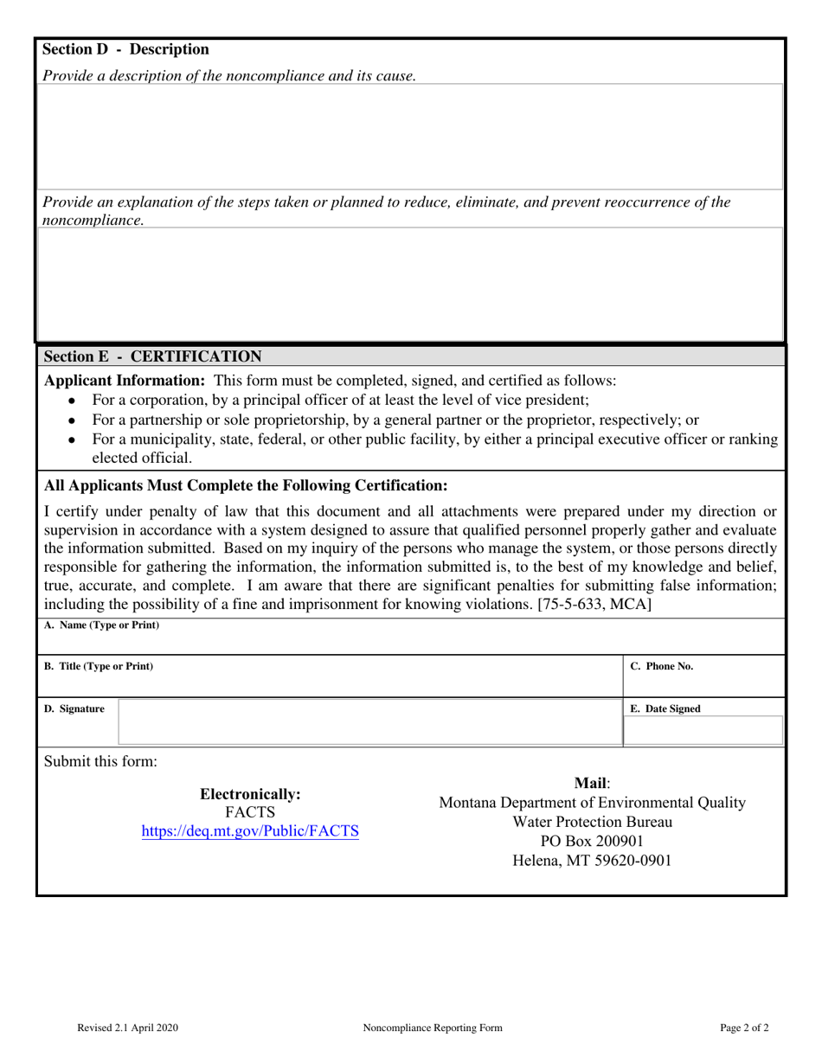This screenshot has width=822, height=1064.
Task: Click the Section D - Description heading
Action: coord(126,50)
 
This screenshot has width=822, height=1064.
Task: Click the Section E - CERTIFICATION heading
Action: coord(152,356)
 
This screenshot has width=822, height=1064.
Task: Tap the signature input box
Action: coord(369,722)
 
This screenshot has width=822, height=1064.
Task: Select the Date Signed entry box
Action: coord(703,731)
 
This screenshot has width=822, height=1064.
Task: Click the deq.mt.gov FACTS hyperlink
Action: coord(250,831)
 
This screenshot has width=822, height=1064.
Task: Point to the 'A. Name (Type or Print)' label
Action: coord(101,625)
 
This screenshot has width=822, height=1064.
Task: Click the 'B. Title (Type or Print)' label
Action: coord(99,666)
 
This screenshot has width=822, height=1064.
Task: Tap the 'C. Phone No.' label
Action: coord(661,666)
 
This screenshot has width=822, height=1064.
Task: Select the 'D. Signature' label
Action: coord(74,708)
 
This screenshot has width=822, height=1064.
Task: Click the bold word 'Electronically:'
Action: coord(250,793)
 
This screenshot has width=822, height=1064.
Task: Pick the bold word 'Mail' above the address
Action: coord(591,783)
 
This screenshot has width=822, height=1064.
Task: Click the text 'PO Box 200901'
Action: coord(592,841)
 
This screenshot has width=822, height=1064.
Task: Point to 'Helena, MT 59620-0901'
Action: coord(592,861)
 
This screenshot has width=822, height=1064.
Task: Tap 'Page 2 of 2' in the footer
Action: coord(743,1028)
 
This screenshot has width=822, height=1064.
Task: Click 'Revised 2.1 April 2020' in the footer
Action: coord(127,1028)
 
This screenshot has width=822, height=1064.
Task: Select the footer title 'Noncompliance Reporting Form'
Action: coord(433,1028)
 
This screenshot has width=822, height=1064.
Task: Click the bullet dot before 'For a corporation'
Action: coord(72,401)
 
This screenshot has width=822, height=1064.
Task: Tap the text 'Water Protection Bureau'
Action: coord(592,822)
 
